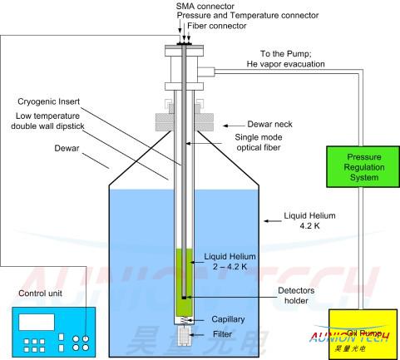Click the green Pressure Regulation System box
point(363,167)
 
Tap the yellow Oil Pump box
point(363,334)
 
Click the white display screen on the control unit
point(37,322)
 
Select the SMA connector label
point(205,6)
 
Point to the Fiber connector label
point(217,26)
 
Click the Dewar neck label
point(269,124)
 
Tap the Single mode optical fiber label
point(259,142)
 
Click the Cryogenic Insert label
point(48,101)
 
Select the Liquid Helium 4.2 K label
point(309,220)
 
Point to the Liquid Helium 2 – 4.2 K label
point(230,261)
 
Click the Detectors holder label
point(296,295)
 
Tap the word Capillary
point(228,319)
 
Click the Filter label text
point(222,334)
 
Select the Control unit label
point(40,293)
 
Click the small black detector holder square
point(184,298)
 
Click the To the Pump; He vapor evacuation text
point(285,59)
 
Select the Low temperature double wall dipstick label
point(47,121)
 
